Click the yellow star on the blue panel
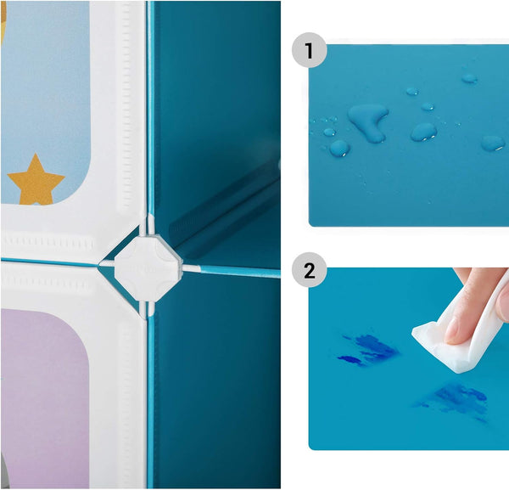pyautogui.click(x=36, y=180)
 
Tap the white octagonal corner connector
pyautogui.click(x=148, y=268)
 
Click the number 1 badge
pyautogui.click(x=309, y=50)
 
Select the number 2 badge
pyautogui.click(x=309, y=270)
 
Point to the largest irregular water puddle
pyautogui.click(x=368, y=121)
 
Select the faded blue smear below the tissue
pyautogui.click(x=455, y=402)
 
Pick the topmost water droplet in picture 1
pyautogui.click(x=469, y=78)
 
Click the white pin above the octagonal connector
pyautogui.click(x=150, y=224)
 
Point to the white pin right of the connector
pyautogui.click(x=192, y=268)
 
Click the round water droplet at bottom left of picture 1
pyautogui.click(x=339, y=148)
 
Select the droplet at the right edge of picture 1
pyautogui.click(x=493, y=144)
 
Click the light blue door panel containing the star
pyautogui.click(x=45, y=103)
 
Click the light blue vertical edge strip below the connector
pyautogui.click(x=151, y=403)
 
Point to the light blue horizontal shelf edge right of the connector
pyautogui.click(x=240, y=272)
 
